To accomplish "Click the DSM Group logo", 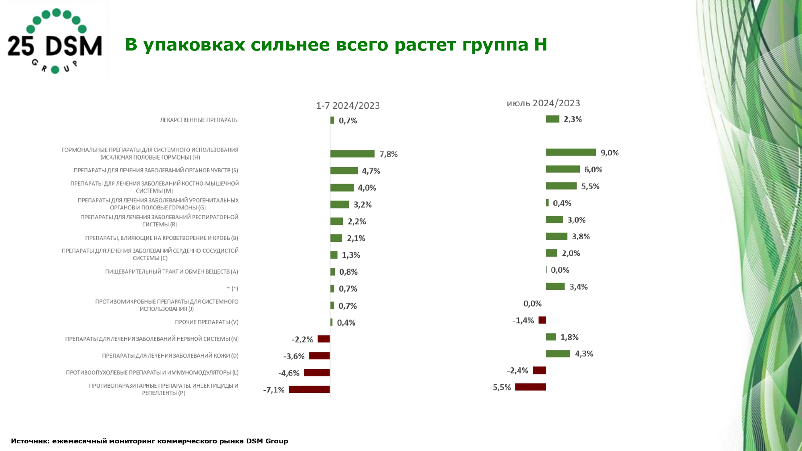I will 55,40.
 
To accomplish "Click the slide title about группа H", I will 336,44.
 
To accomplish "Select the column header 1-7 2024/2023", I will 348,106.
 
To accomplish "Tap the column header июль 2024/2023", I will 543,103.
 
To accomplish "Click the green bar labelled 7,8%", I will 352,154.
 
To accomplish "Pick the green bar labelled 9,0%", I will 571,152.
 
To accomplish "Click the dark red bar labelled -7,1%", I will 309,389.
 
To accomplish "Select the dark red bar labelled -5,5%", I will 531,387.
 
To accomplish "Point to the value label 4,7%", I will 371,171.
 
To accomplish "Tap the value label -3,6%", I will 294,356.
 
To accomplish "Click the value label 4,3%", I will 584,354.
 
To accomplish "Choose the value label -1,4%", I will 523,320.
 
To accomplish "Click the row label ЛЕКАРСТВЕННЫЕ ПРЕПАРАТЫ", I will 199,120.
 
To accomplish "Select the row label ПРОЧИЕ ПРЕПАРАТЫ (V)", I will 207,322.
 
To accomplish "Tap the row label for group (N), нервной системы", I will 152,339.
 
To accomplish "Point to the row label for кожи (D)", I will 170,356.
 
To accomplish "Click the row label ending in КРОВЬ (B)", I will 162,238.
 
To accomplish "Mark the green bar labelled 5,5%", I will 561,186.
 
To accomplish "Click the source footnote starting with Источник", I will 150,441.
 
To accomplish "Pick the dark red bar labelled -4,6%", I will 317,372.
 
